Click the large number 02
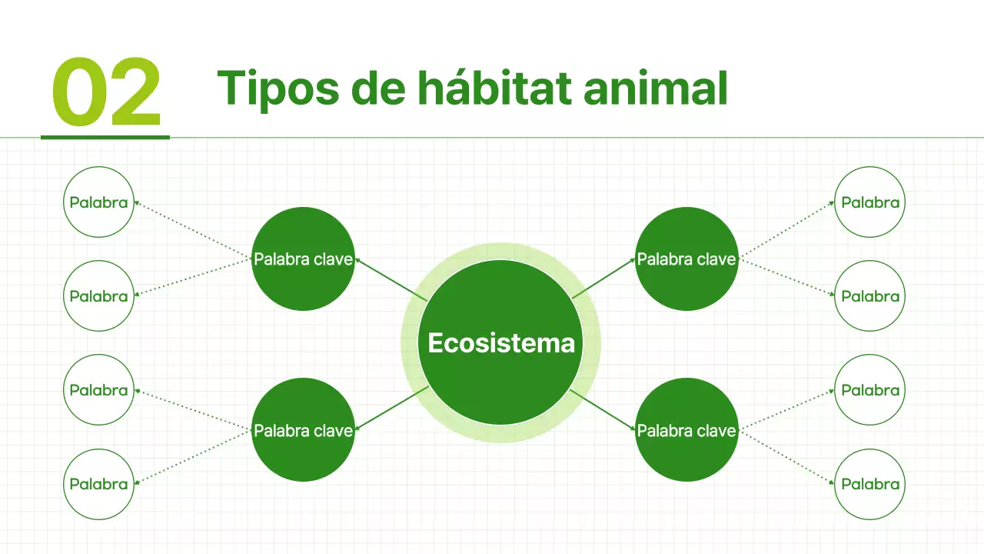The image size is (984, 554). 106,92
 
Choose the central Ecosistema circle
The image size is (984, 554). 500,342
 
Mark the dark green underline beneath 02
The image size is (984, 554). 105,137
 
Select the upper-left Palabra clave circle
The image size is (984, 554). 303,259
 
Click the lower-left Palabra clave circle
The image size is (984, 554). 303,430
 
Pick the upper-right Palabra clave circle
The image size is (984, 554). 686,259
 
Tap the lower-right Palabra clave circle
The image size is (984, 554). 686,430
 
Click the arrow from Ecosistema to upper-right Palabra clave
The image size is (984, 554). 604,279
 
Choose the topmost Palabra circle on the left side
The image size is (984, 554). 98,202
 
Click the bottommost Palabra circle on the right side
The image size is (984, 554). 870,484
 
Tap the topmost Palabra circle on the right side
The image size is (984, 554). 870,202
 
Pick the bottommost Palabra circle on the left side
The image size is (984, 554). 98,484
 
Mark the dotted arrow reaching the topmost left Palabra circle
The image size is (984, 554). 192,229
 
